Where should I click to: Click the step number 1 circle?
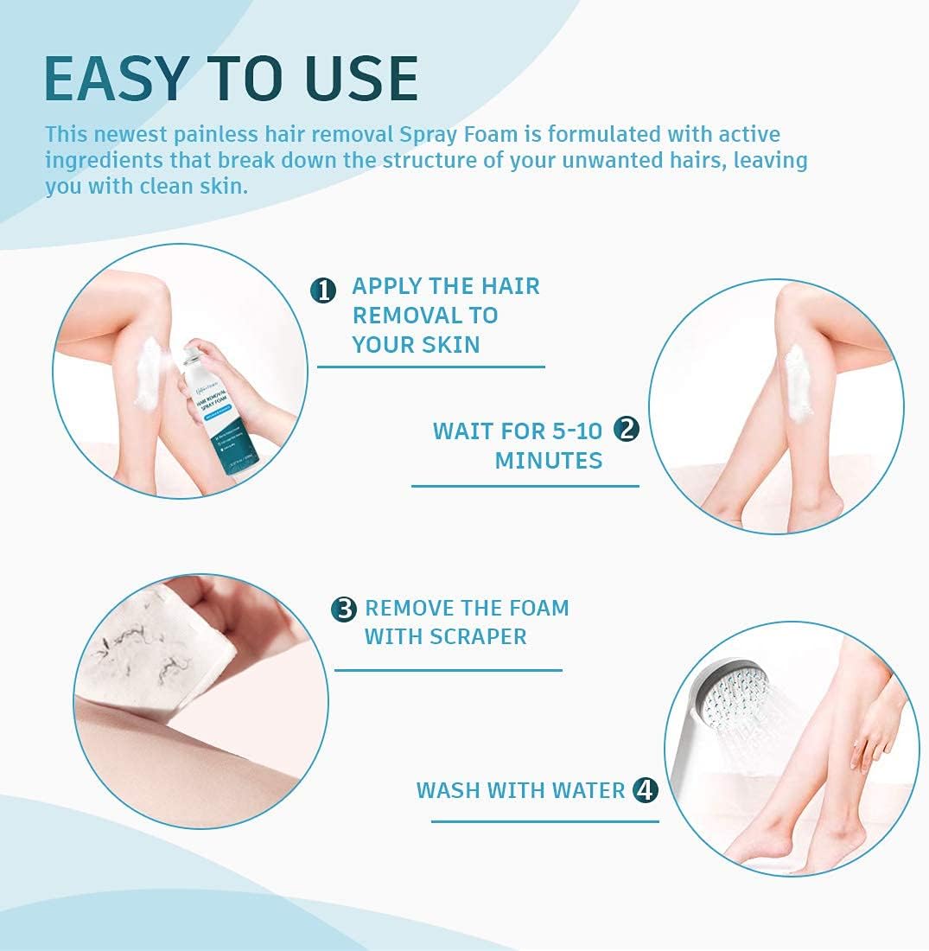322,290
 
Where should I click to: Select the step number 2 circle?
626,430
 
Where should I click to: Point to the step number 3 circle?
344,610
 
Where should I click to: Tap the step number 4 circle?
645,789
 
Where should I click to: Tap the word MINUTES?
548,460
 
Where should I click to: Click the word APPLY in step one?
386,286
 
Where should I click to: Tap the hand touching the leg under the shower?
873,735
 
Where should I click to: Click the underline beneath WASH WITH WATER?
544,821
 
